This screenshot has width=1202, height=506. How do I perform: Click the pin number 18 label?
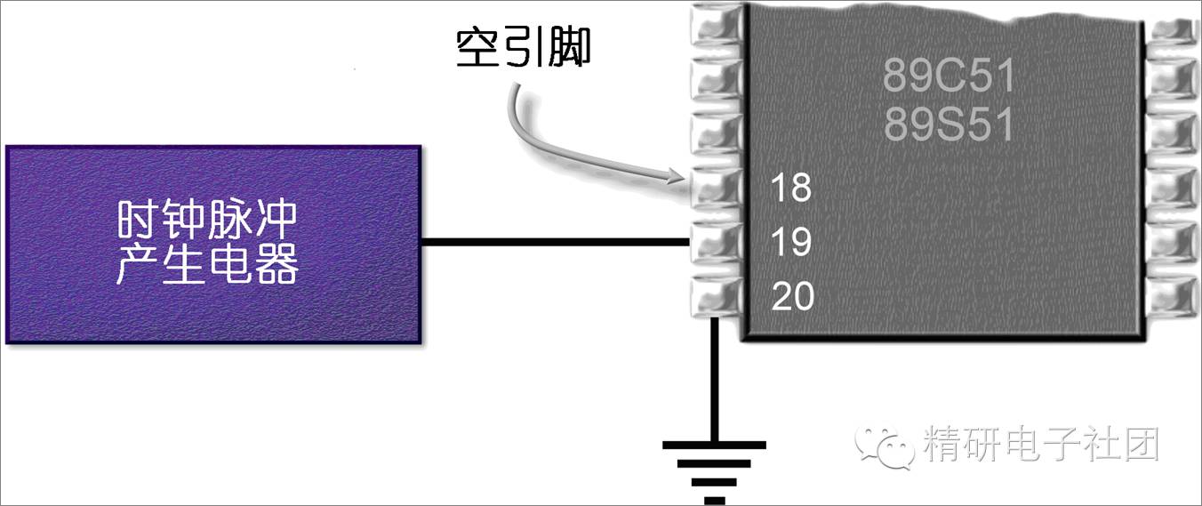coord(791,189)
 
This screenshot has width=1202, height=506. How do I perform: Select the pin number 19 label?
coord(791,241)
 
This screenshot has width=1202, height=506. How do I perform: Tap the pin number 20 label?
coord(793,296)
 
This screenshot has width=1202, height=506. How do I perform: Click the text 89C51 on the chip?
coord(949,76)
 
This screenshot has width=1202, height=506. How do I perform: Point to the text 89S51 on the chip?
coord(949,125)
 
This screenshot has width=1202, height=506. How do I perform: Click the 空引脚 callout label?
coord(524,49)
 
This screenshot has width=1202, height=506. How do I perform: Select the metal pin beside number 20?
coord(716,295)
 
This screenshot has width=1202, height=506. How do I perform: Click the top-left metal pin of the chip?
coord(716,27)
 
